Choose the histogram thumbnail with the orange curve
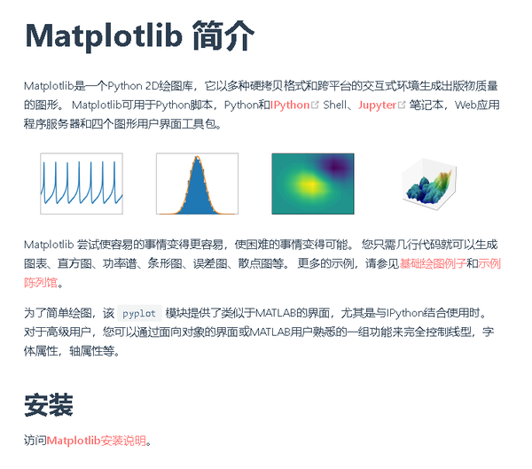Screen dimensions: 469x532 coord(197,184)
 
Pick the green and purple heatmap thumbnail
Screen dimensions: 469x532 coord(312,184)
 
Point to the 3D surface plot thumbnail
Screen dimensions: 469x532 coord(429,184)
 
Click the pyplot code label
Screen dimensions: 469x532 coord(140,314)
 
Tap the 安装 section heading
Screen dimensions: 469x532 coord(48,405)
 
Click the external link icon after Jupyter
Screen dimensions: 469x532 coord(402,105)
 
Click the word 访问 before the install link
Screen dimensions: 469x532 coord(35,440)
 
